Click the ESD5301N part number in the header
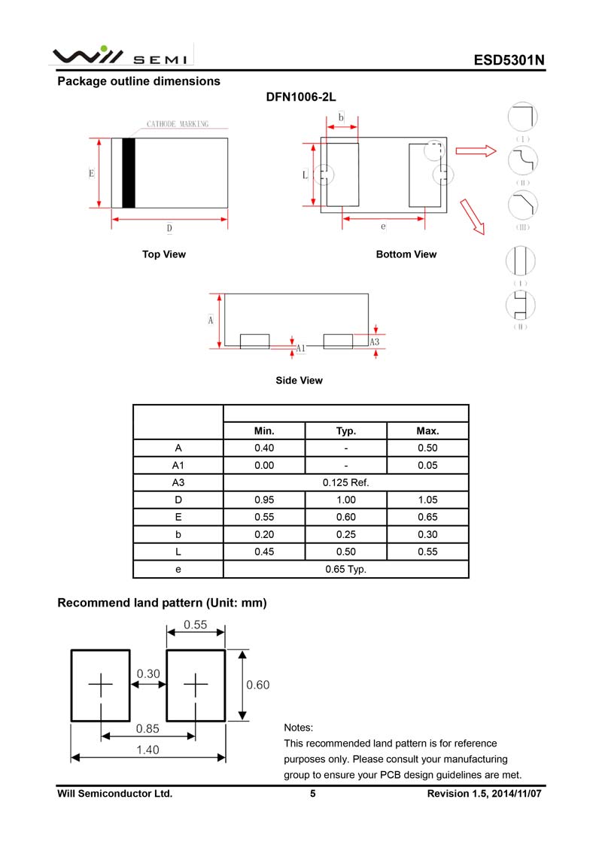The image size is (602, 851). click(x=509, y=61)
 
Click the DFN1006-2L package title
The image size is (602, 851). click(x=300, y=98)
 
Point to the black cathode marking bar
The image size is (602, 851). click(x=129, y=173)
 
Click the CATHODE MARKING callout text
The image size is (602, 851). click(x=177, y=124)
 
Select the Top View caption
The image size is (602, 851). click(x=164, y=254)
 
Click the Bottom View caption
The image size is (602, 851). click(x=406, y=254)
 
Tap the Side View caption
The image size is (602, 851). click(x=299, y=381)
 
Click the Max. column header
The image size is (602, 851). click(x=427, y=431)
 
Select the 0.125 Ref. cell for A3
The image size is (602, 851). click(x=345, y=483)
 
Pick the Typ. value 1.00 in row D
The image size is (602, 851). click(x=345, y=500)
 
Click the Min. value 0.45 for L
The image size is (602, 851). click(x=264, y=552)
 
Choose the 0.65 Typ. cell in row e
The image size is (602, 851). click(x=345, y=570)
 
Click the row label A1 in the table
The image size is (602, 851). click(x=178, y=466)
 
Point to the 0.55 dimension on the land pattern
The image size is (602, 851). click(x=195, y=625)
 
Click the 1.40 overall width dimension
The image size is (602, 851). click(x=147, y=750)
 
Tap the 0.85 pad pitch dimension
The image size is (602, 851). click(x=147, y=728)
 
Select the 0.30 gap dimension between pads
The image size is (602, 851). click(x=148, y=674)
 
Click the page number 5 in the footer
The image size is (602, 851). click(x=312, y=794)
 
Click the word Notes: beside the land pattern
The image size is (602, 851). click(x=298, y=728)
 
